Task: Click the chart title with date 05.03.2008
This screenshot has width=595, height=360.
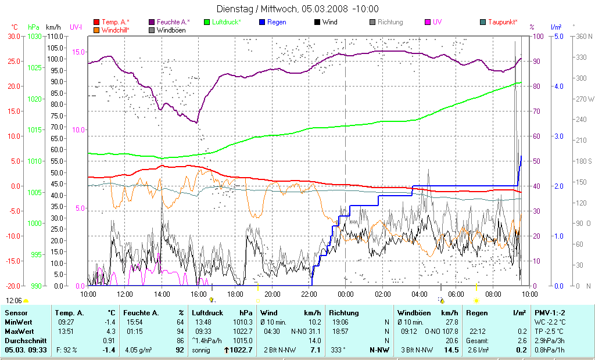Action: click(297, 9)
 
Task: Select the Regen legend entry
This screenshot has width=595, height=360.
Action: click(277, 22)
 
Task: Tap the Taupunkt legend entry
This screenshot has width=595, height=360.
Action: click(503, 22)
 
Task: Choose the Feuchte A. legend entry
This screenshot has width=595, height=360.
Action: click(174, 22)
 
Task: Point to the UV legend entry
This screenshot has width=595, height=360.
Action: click(437, 22)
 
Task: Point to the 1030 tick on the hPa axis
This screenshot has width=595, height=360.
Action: click(34, 36)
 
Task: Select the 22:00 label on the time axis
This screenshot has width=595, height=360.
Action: click(309, 293)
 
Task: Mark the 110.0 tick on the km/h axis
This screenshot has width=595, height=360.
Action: click(55, 36)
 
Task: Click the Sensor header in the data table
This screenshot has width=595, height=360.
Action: click(16, 313)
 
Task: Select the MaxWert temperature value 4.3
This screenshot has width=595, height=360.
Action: click(110, 331)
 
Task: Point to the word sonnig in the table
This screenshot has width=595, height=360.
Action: click(203, 350)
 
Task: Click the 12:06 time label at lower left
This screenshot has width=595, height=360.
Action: click(14, 300)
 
